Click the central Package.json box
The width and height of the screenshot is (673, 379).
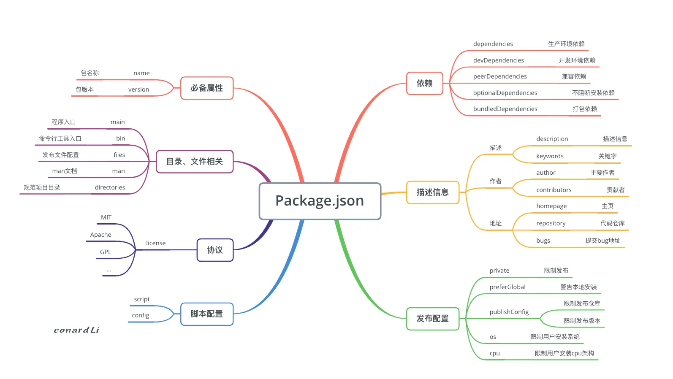click(x=320, y=201)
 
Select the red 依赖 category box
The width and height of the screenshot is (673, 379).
click(x=425, y=83)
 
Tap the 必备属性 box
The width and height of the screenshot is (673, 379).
click(x=207, y=88)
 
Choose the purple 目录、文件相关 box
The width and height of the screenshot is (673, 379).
click(x=195, y=162)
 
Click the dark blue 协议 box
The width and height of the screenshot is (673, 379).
click(x=215, y=250)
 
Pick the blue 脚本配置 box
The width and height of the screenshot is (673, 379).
click(x=207, y=314)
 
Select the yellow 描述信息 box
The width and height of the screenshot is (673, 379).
click(x=433, y=192)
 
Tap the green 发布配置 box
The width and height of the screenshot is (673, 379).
click(x=433, y=319)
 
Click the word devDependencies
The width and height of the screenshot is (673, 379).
click(x=499, y=60)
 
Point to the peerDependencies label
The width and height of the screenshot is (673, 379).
click(x=500, y=76)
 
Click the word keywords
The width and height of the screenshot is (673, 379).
click(x=550, y=156)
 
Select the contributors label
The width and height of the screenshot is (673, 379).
click(x=554, y=190)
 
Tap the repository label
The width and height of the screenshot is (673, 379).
click(x=551, y=223)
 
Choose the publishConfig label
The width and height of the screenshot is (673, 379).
click(x=509, y=312)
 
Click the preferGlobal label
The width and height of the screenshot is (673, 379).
click(x=507, y=287)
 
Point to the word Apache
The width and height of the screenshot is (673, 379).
click(x=100, y=235)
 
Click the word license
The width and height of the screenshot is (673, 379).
click(x=156, y=243)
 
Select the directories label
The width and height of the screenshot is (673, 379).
click(x=110, y=187)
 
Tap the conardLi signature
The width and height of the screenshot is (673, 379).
click(x=76, y=330)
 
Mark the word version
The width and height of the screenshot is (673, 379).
click(x=138, y=89)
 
